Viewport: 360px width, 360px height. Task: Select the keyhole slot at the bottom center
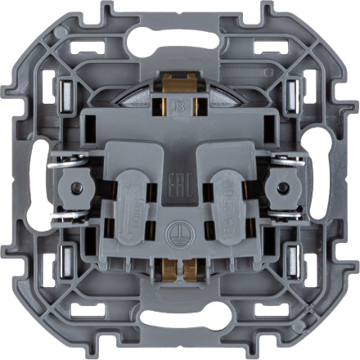click(180, 320)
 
